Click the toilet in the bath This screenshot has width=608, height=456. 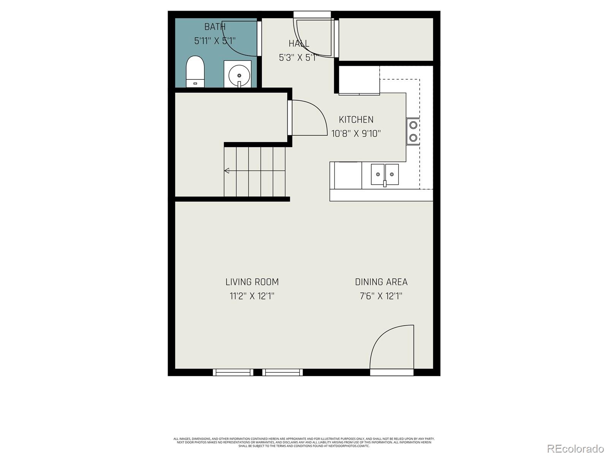195,71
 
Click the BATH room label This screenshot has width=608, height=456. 215,27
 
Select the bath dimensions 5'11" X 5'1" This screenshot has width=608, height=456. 215,41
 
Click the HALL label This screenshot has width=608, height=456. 299,43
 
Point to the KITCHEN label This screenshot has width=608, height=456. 356,120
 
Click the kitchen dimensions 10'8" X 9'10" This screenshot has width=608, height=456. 356,134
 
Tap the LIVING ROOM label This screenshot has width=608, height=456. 252,282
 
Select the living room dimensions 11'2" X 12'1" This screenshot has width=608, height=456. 252,296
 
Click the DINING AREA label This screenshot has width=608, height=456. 381,282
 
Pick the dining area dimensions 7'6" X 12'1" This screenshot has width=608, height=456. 381,296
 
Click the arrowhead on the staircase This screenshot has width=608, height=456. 226,171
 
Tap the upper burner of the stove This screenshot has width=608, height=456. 413,125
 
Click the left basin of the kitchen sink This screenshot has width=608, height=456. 378,174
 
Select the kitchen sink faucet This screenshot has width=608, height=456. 385,184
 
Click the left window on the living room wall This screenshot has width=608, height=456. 233,372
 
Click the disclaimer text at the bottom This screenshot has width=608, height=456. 304,442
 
